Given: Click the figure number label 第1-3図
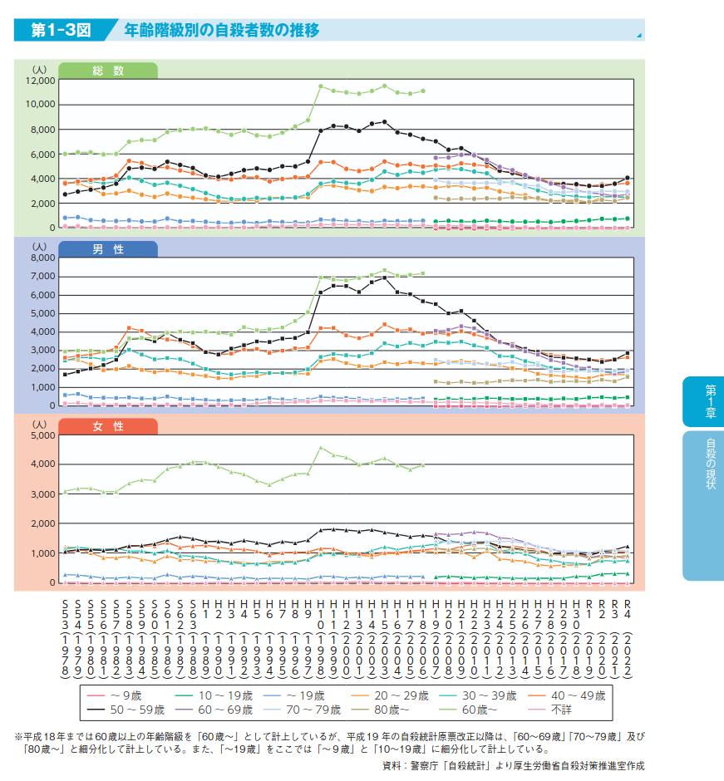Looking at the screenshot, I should tap(60, 32).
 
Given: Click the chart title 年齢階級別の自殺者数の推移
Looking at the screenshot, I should tap(221, 32).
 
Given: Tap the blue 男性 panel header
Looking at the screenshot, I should tap(108, 248).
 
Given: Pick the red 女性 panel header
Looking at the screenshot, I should tap(108, 426).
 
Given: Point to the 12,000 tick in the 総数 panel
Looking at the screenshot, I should tap(40, 81).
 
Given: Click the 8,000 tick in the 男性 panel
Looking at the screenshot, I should tap(42, 258).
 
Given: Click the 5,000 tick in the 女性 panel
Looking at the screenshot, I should tap(42, 436).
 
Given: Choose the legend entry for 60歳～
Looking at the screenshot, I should tap(485, 710).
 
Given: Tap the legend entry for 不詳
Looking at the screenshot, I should tap(555, 710).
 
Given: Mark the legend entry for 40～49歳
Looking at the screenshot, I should tap(574, 695).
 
